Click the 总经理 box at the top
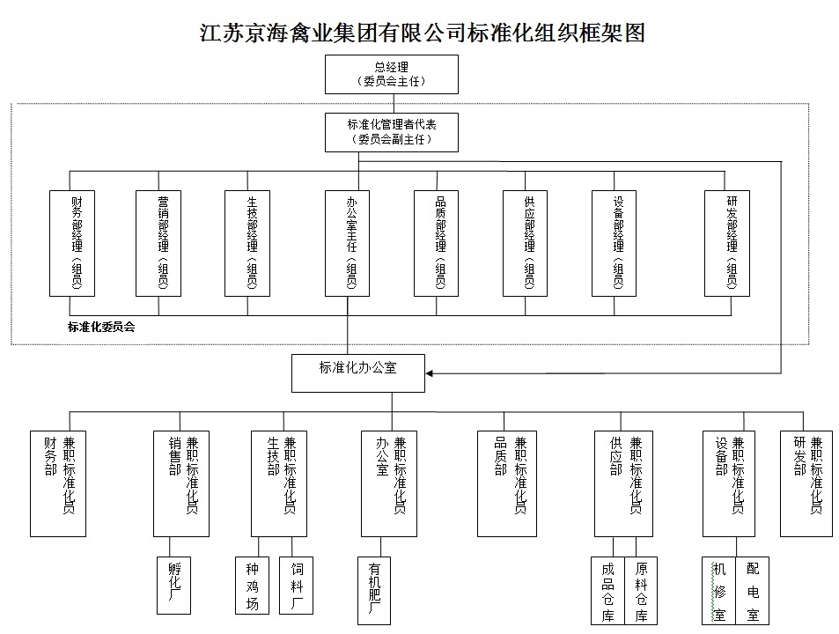click(x=392, y=74)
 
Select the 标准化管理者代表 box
click(x=392, y=132)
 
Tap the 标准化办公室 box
click(x=358, y=372)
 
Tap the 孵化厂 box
click(x=173, y=584)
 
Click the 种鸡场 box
click(x=252, y=584)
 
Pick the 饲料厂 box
click(x=296, y=584)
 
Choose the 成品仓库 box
click(x=607, y=590)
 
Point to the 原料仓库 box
click(x=640, y=590)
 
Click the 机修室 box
click(x=718, y=590)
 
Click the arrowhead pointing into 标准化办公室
click(x=431, y=373)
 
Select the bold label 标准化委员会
click(x=101, y=327)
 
